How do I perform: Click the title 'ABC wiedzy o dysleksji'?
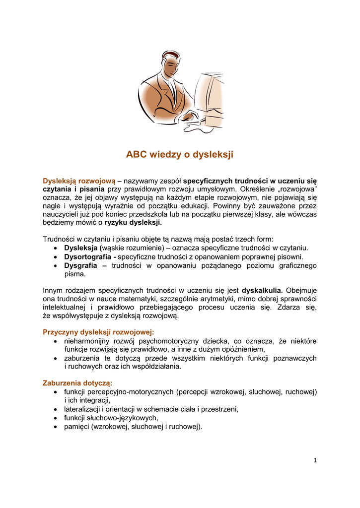179,154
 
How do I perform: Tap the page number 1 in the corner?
315,460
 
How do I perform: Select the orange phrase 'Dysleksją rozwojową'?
79,181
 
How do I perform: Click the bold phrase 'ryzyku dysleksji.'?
133,223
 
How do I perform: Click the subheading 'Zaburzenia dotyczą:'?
77,383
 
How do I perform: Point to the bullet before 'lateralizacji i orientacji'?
56,409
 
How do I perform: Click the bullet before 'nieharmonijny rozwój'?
56,341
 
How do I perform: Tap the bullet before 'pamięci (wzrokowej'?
56,427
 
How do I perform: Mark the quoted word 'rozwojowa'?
296,190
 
